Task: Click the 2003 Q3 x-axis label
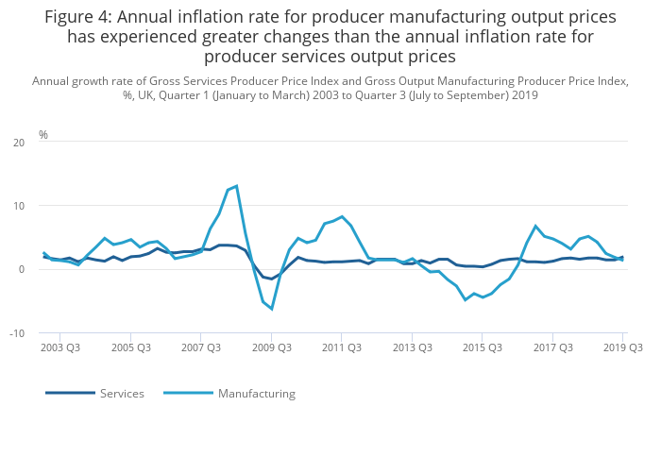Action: [x=59, y=348]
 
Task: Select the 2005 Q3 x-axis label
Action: [x=130, y=348]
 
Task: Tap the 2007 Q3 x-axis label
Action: [x=200, y=348]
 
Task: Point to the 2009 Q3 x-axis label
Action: [x=271, y=348]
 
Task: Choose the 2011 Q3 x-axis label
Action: [x=341, y=348]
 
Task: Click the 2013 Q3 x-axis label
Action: [x=412, y=348]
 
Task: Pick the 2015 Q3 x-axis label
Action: [x=482, y=348]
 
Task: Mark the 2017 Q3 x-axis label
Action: [x=552, y=348]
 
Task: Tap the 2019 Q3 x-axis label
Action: [x=622, y=348]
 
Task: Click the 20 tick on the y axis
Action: [x=19, y=143]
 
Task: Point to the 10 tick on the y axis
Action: [x=19, y=206]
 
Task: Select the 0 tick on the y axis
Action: [x=22, y=270]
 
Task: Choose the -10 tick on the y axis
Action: [x=17, y=333]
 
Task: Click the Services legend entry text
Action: [x=122, y=394]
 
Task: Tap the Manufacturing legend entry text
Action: [x=256, y=394]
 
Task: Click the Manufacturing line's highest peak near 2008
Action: [x=236, y=186]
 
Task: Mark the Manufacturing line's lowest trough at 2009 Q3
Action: [x=271, y=309]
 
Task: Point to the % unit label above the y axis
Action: [x=43, y=135]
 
